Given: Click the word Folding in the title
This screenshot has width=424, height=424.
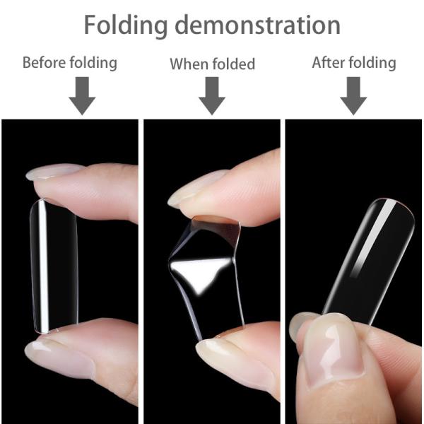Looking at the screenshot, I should click(x=125, y=25).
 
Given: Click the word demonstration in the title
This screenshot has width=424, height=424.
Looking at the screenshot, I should click(x=257, y=25).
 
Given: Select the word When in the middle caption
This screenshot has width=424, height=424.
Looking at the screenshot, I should click(x=189, y=64).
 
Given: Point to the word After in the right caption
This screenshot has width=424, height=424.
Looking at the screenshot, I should click(x=329, y=62).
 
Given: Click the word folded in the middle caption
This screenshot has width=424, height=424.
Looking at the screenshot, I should click(x=232, y=64).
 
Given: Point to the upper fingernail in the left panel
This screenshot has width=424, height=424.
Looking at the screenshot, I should click(x=54, y=172).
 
